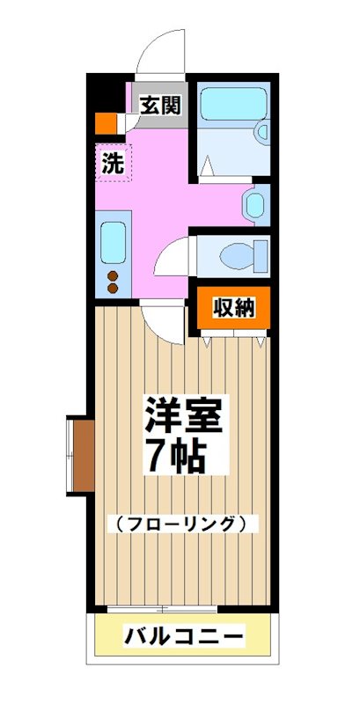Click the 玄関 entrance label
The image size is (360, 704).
[x=160, y=106]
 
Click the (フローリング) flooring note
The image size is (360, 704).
[x=185, y=524]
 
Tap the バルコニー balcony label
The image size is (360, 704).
[x=182, y=635]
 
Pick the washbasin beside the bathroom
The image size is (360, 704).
[x=253, y=204]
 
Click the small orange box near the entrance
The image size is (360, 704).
[x=105, y=122]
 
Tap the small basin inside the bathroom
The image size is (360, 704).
[x=261, y=133]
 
